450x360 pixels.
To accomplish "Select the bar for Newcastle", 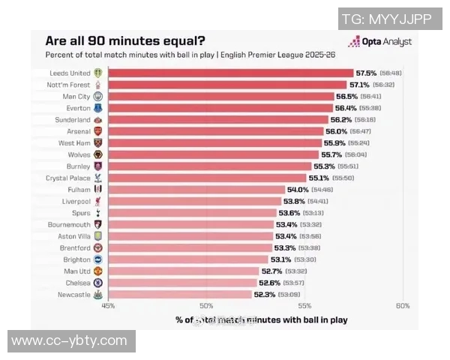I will [x=180, y=295].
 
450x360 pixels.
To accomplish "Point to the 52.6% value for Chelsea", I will [x=270, y=283].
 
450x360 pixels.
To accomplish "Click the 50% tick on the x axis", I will [x=206, y=306].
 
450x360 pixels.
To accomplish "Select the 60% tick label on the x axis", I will [x=403, y=306].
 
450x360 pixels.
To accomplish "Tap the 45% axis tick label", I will [x=108, y=306].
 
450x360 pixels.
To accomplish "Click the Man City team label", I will [x=76, y=97].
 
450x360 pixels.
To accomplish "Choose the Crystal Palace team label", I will [x=68, y=178].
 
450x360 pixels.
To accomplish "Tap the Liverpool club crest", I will [x=97, y=202].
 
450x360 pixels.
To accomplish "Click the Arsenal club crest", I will [x=97, y=131].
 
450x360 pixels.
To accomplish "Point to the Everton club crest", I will [x=97, y=108].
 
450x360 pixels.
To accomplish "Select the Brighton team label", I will [x=76, y=259].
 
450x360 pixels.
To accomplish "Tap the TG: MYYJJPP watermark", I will [x=386, y=19].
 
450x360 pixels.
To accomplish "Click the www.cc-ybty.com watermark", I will [x=70, y=341].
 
